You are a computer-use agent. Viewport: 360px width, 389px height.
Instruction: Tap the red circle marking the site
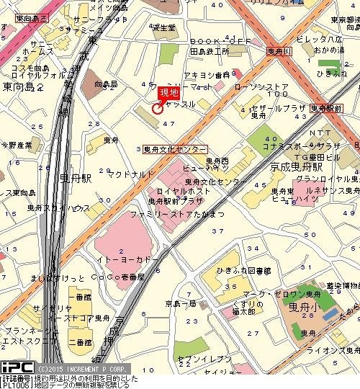158,109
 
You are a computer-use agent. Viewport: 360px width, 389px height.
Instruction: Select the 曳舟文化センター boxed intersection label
175,148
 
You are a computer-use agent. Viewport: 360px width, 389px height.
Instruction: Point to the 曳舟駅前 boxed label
327,107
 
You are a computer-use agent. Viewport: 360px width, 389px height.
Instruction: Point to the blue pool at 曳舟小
328,315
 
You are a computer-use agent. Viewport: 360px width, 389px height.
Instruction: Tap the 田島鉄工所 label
210,52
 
